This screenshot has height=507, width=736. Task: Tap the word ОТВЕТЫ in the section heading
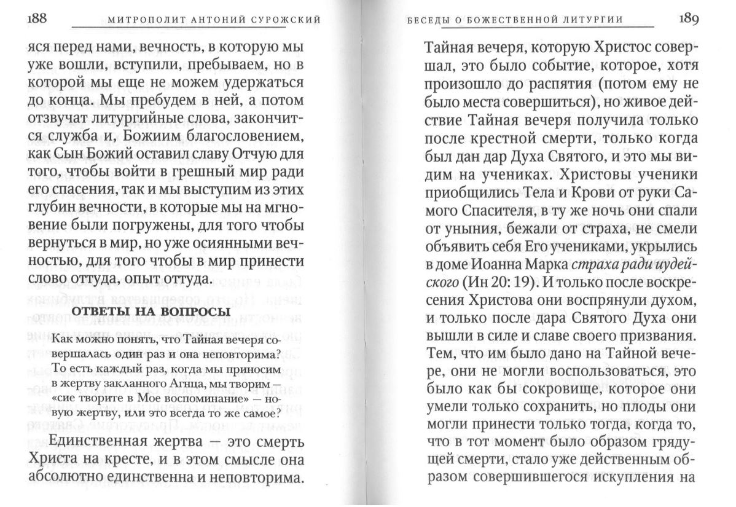pyautogui.click(x=97, y=312)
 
